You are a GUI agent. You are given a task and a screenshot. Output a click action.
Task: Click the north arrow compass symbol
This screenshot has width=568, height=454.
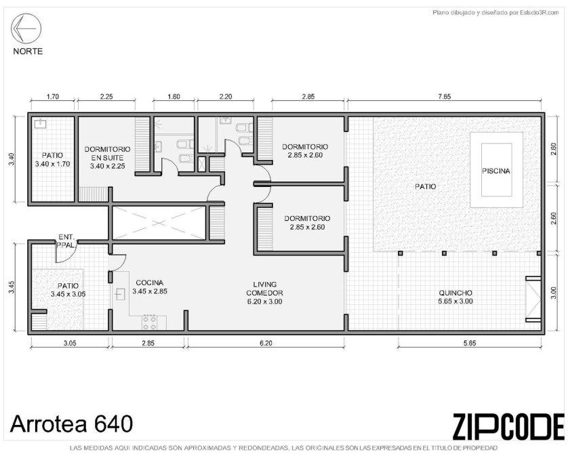(x=26, y=28)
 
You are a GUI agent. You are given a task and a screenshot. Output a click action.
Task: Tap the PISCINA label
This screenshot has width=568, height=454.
(x=496, y=171)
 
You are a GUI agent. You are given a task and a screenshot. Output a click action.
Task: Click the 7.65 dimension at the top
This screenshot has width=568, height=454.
(x=445, y=97)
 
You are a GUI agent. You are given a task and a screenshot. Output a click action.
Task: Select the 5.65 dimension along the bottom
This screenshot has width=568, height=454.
(x=470, y=343)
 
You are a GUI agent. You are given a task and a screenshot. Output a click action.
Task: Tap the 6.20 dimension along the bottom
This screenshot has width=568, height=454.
(x=266, y=343)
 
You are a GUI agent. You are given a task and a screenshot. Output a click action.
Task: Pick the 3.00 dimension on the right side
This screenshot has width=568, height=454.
(x=553, y=293)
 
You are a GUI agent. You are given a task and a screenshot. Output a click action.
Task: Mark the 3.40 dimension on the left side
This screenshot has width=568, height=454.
(x=12, y=159)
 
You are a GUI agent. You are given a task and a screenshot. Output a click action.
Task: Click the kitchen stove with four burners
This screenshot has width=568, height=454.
(x=149, y=323)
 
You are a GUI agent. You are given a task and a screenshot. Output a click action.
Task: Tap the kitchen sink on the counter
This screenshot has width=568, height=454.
(x=120, y=294)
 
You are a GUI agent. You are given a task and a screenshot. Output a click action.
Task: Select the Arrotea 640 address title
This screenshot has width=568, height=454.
(x=71, y=424)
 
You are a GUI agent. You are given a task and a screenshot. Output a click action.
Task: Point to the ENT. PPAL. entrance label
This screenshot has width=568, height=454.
(x=67, y=241)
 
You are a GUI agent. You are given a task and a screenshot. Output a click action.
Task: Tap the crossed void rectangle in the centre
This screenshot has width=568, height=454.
(x=159, y=223)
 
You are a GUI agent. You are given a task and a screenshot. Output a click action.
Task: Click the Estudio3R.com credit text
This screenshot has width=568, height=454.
(x=496, y=13)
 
